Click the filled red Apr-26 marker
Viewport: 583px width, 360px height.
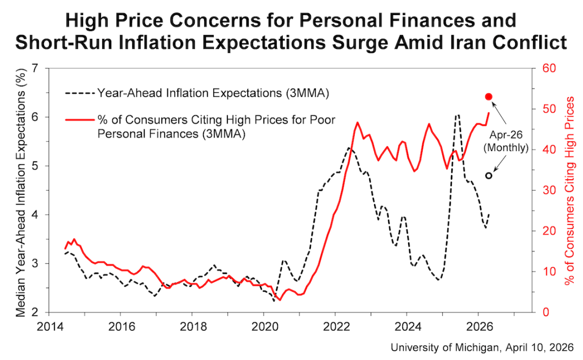pos(489,97)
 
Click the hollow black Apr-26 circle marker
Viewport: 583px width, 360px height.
pos(489,175)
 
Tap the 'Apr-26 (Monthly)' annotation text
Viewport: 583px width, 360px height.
pos(505,140)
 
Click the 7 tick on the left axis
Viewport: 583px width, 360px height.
pos(37,69)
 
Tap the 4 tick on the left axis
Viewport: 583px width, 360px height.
pos(37,215)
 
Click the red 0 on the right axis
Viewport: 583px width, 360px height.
pos(540,313)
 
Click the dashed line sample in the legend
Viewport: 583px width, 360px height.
pos(80,93)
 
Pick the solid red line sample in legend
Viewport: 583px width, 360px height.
pos(80,119)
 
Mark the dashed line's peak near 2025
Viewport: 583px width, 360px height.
pos(457,115)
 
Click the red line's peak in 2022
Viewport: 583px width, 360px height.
pos(357,123)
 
